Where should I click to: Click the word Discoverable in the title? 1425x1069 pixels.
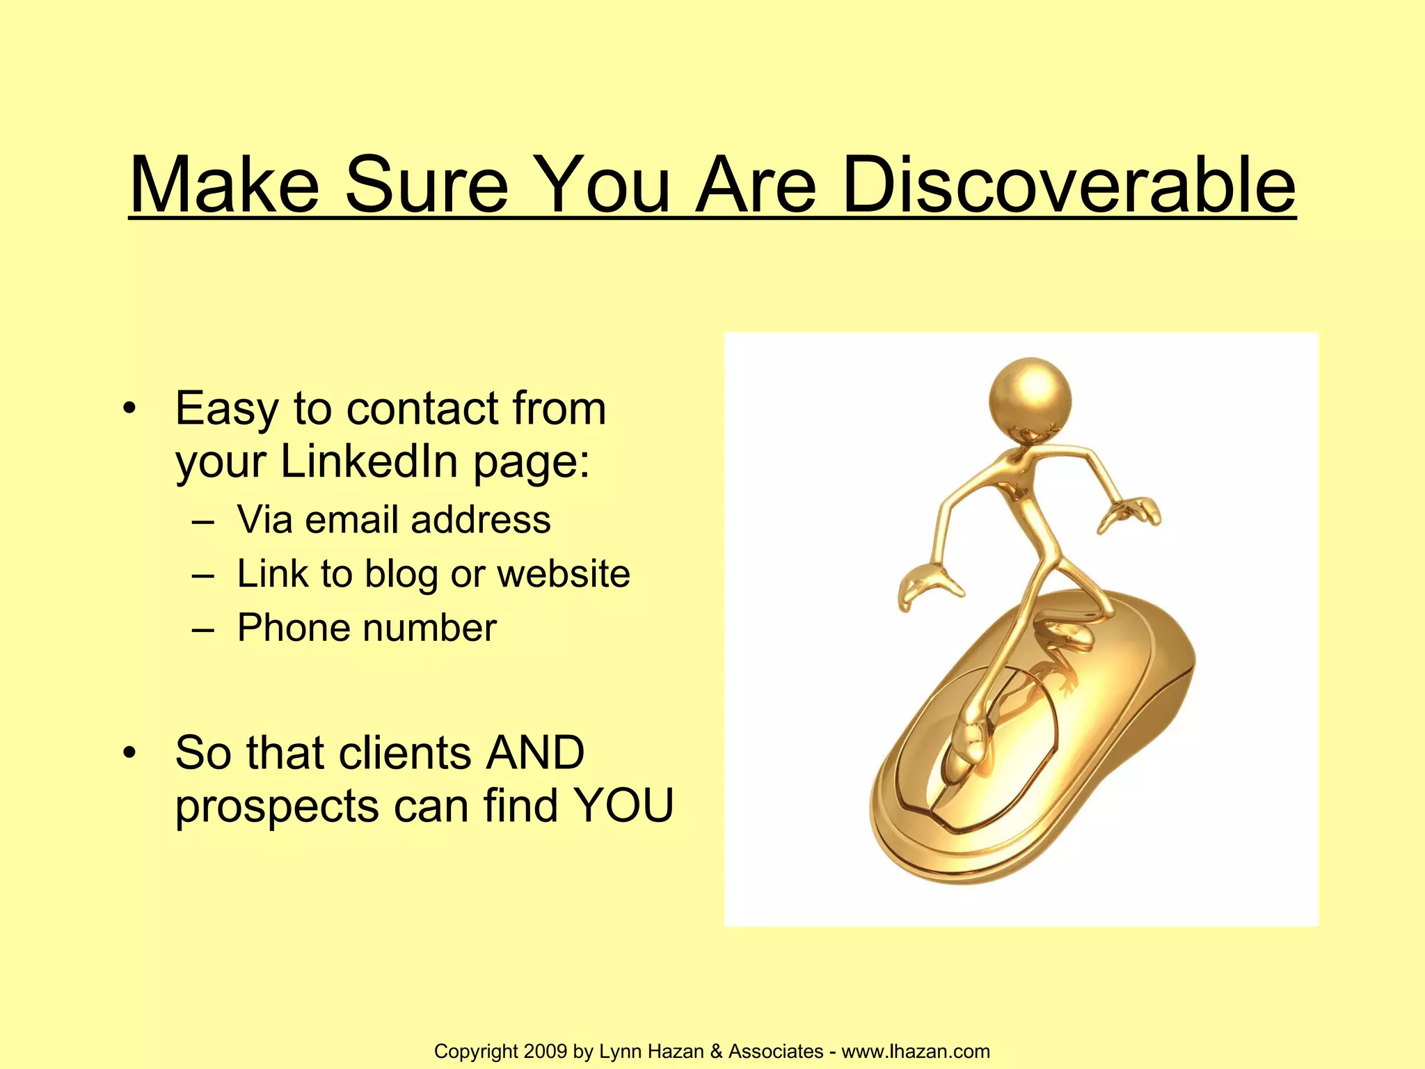[x=1068, y=185]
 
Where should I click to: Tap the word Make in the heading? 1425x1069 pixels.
[x=224, y=185]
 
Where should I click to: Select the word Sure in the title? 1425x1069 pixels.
[x=427, y=185]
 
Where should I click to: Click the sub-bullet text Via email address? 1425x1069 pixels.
[x=394, y=519]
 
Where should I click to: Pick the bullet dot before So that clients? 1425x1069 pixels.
[x=129, y=753]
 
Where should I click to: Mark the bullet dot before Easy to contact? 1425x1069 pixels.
[x=129, y=409]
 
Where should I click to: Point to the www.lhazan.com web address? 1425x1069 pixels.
[x=916, y=1051]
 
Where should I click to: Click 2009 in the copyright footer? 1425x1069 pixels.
[x=546, y=1051]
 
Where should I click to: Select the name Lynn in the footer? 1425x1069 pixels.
[x=621, y=1051]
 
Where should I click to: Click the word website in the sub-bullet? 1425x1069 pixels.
[x=564, y=574]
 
